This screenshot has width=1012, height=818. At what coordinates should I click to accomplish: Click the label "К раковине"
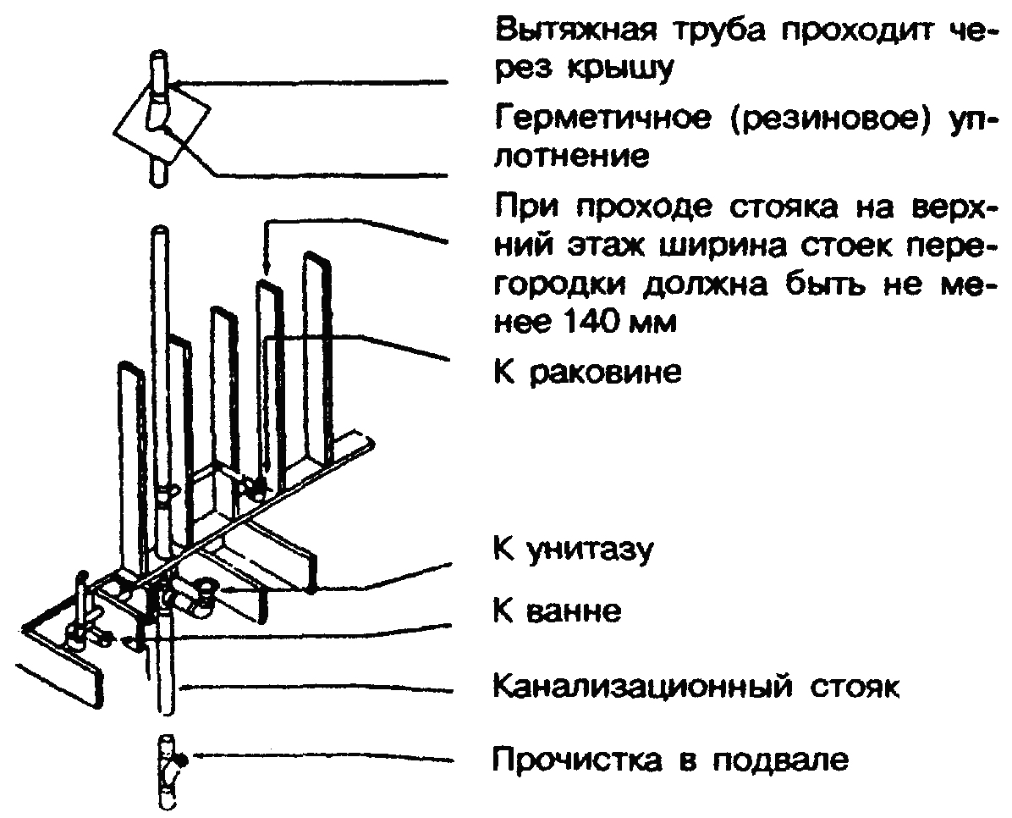587,372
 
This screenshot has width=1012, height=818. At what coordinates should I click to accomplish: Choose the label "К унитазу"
573,550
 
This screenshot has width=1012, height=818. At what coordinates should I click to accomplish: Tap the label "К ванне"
557,610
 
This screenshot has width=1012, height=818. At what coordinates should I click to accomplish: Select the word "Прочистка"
577,760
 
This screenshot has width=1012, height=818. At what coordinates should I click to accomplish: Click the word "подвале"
780,760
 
